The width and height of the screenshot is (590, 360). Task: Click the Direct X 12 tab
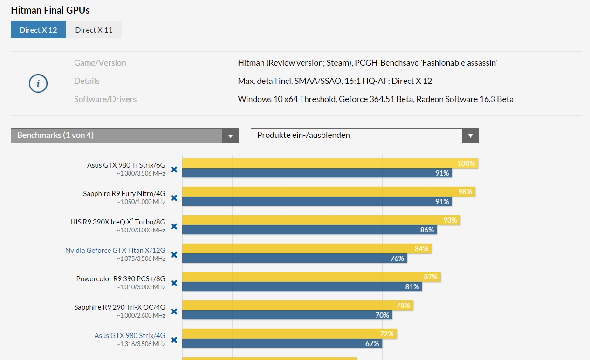coord(38,30)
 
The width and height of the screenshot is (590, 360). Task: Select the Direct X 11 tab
coord(94,30)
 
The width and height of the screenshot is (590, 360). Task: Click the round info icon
coord(38,83)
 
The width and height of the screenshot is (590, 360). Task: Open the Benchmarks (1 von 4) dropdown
coord(124,136)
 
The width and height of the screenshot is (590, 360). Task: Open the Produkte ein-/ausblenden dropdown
coord(364,136)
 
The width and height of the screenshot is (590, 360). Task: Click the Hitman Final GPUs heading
coord(50,10)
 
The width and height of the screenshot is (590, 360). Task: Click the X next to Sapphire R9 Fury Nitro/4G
coord(174,198)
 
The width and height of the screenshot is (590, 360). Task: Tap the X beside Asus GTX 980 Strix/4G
coord(174,340)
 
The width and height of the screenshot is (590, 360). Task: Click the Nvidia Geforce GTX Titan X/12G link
coord(115,250)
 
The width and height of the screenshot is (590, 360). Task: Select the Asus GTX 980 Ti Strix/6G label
coord(126,165)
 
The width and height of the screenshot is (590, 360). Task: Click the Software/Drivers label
coord(105,99)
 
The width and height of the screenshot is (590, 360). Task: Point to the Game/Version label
coord(100,63)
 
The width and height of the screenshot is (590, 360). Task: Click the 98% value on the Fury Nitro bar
coord(465,192)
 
